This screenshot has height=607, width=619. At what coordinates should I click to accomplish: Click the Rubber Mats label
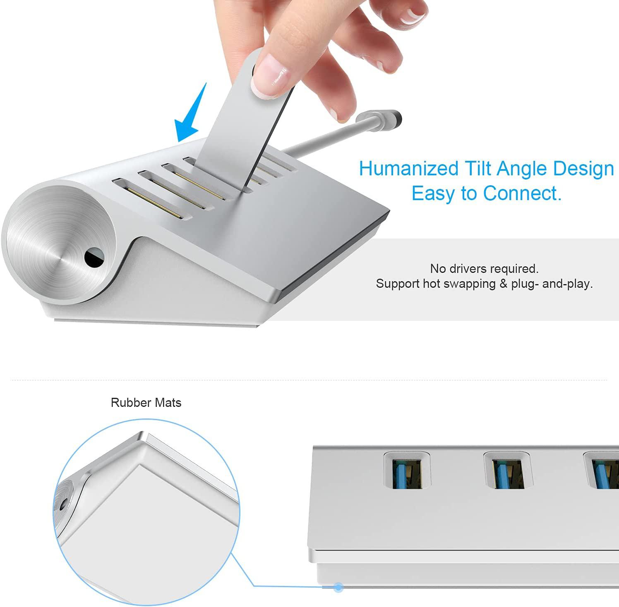pyautogui.click(x=146, y=403)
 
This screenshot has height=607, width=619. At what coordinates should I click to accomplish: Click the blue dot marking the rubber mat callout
pyautogui.click(x=339, y=587)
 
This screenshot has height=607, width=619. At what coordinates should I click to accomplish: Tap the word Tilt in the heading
pyautogui.click(x=478, y=169)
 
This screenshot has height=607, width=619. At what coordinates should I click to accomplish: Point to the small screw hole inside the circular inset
pyautogui.click(x=63, y=505)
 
